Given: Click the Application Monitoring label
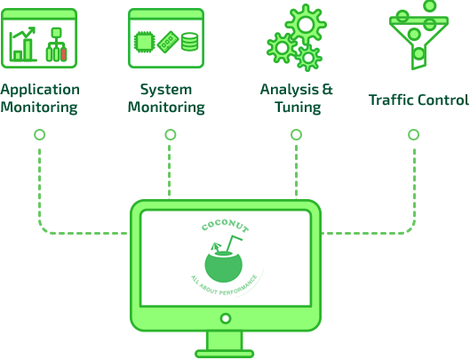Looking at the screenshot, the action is coord(40,99).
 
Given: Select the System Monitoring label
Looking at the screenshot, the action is coord(166,99).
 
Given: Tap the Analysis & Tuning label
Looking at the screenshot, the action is coord(297,99).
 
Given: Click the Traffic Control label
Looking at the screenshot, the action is coord(418,100).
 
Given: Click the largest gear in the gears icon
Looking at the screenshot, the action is coord(306,25).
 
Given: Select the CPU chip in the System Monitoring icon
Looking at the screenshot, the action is coord(145,42).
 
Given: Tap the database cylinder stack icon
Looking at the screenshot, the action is coord(190,42).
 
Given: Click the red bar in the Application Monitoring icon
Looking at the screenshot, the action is coord(64,54).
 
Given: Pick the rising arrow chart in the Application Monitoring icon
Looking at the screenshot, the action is coord(23,44).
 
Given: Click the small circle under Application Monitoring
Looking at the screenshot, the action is coord(40,135).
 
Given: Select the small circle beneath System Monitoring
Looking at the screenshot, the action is coord(171,135).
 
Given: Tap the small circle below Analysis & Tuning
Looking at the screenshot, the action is coord(296,135).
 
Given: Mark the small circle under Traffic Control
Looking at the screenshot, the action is coord(414,135).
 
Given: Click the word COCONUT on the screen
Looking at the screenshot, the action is coord(225,226).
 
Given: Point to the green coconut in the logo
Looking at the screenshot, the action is coord(223,267).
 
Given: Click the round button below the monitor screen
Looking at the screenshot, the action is coord(226,318).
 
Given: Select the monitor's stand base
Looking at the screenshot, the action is coord(225,354).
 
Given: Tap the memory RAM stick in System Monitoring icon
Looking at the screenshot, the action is coord(168,42).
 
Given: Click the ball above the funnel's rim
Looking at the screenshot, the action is coord(430,5).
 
